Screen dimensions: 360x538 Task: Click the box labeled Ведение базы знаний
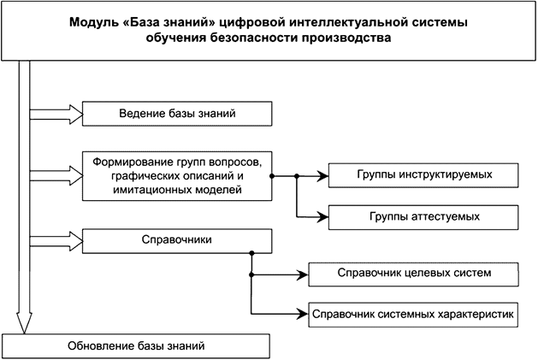pyautogui.click(x=177, y=113)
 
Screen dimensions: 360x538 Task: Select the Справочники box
pyautogui.click(x=177, y=240)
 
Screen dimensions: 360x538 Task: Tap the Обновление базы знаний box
pyautogui.click(x=136, y=346)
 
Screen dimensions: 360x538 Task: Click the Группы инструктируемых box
pyautogui.click(x=424, y=175)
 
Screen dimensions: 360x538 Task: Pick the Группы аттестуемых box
pyautogui.click(x=424, y=217)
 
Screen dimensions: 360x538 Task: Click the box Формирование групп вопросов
pyautogui.click(x=177, y=175)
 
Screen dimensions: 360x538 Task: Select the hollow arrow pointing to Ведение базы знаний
pyautogui.click(x=56, y=113)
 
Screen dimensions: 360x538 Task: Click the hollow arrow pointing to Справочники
pyautogui.click(x=56, y=236)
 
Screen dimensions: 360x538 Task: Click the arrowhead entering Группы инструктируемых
pyautogui.click(x=322, y=175)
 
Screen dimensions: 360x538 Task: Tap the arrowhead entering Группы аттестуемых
pyautogui.click(x=322, y=216)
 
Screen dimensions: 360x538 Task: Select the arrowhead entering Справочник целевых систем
pyautogui.click(x=301, y=274)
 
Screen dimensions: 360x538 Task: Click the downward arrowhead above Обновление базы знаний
pyautogui.click(x=24, y=324)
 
